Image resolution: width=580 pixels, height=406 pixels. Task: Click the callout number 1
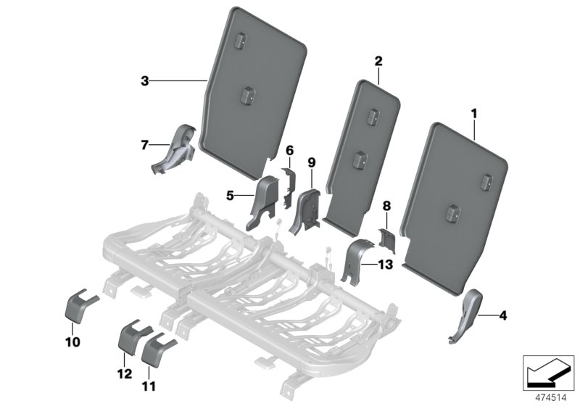point(474,114)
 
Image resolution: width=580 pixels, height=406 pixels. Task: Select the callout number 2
point(378,62)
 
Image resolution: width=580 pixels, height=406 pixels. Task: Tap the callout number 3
point(145,81)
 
